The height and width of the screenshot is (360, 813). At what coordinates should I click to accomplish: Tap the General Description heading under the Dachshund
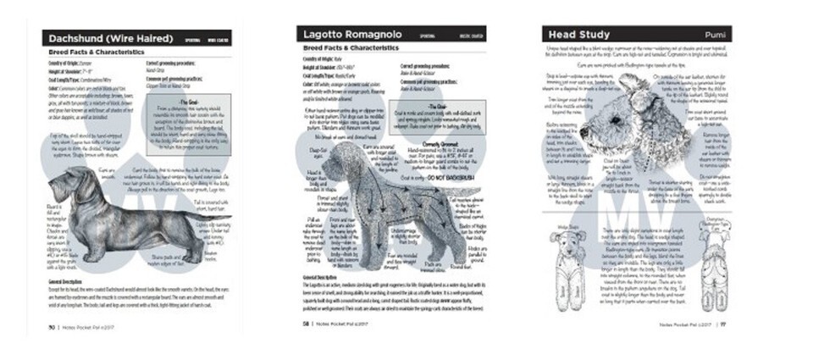pyautogui.click(x=73, y=280)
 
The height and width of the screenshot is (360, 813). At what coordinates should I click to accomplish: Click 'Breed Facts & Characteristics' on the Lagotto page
pyautogui.click(x=347, y=50)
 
